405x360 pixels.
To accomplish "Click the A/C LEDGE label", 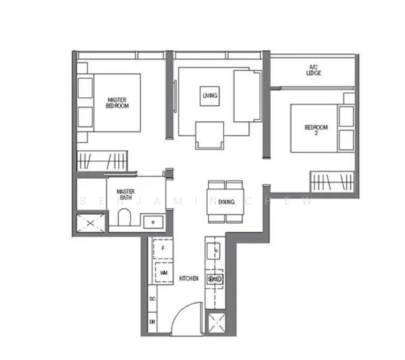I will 313,70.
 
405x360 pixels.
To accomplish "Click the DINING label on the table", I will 226,202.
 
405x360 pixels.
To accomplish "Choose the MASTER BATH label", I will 125,193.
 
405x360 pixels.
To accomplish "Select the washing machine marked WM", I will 163,272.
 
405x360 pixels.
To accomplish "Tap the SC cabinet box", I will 152,298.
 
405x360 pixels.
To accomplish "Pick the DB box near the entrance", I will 152,322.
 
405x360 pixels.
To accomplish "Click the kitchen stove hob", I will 215,279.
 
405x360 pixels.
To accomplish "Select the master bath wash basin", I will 154,221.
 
